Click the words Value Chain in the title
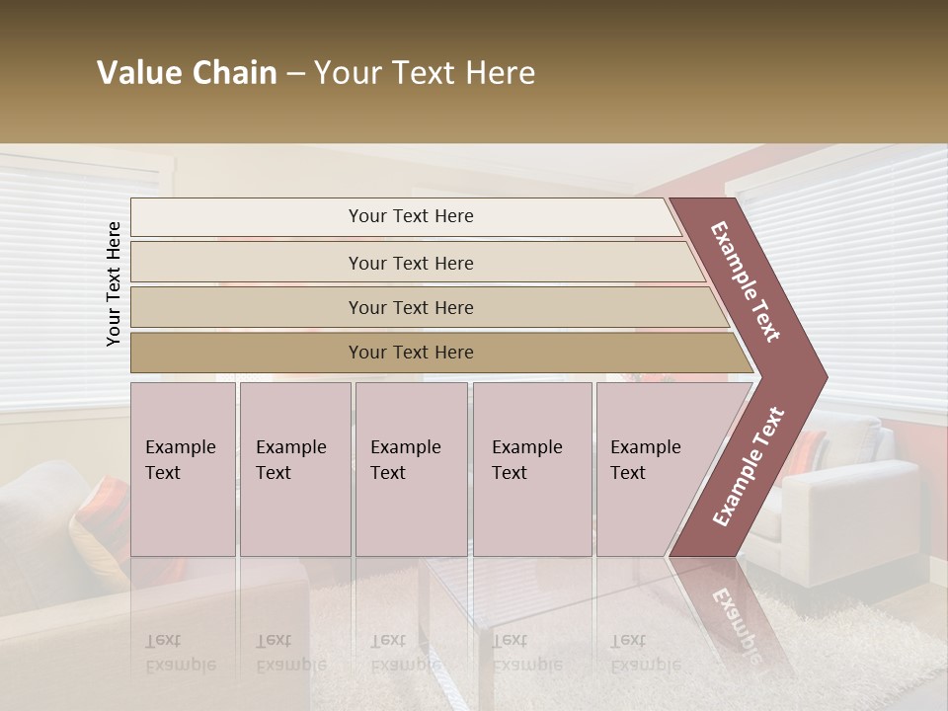tap(187, 73)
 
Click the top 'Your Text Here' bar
tap(410, 216)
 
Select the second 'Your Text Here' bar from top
tap(410, 263)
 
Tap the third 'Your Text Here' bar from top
tap(410, 307)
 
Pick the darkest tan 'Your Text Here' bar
tap(410, 353)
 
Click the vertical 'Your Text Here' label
tap(115, 283)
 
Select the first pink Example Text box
tap(183, 469)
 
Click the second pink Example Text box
tap(295, 469)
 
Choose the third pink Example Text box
tap(411, 469)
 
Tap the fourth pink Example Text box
tap(532, 469)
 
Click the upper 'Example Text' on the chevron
tap(747, 281)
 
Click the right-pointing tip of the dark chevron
tap(822, 377)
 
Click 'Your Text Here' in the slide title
tap(425, 73)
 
